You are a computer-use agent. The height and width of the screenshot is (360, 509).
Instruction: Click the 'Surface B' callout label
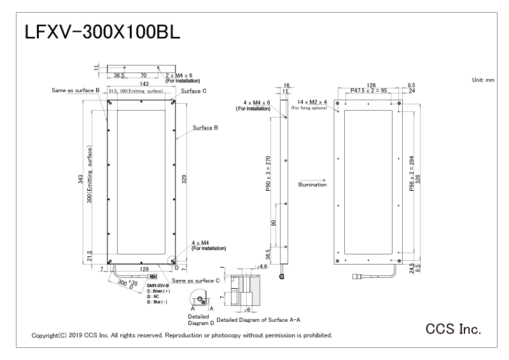[206, 128]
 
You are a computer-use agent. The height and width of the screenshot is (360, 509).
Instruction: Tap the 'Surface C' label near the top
[193, 92]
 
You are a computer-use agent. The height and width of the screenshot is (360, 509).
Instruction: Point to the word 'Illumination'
[312, 185]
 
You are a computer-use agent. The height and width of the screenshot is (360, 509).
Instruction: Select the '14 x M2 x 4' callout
[310, 102]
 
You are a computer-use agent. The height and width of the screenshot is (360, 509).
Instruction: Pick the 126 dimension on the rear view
[372, 85]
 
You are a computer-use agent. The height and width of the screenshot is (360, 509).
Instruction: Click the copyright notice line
[181, 335]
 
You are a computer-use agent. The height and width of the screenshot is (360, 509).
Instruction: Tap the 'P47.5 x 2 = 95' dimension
[372, 92]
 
